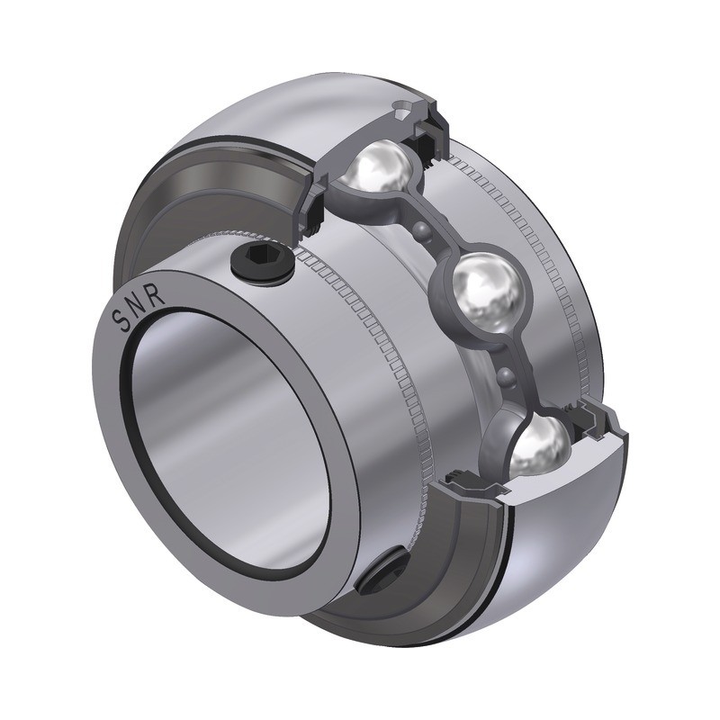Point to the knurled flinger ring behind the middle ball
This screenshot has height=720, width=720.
pyautogui.click(x=549, y=270)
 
